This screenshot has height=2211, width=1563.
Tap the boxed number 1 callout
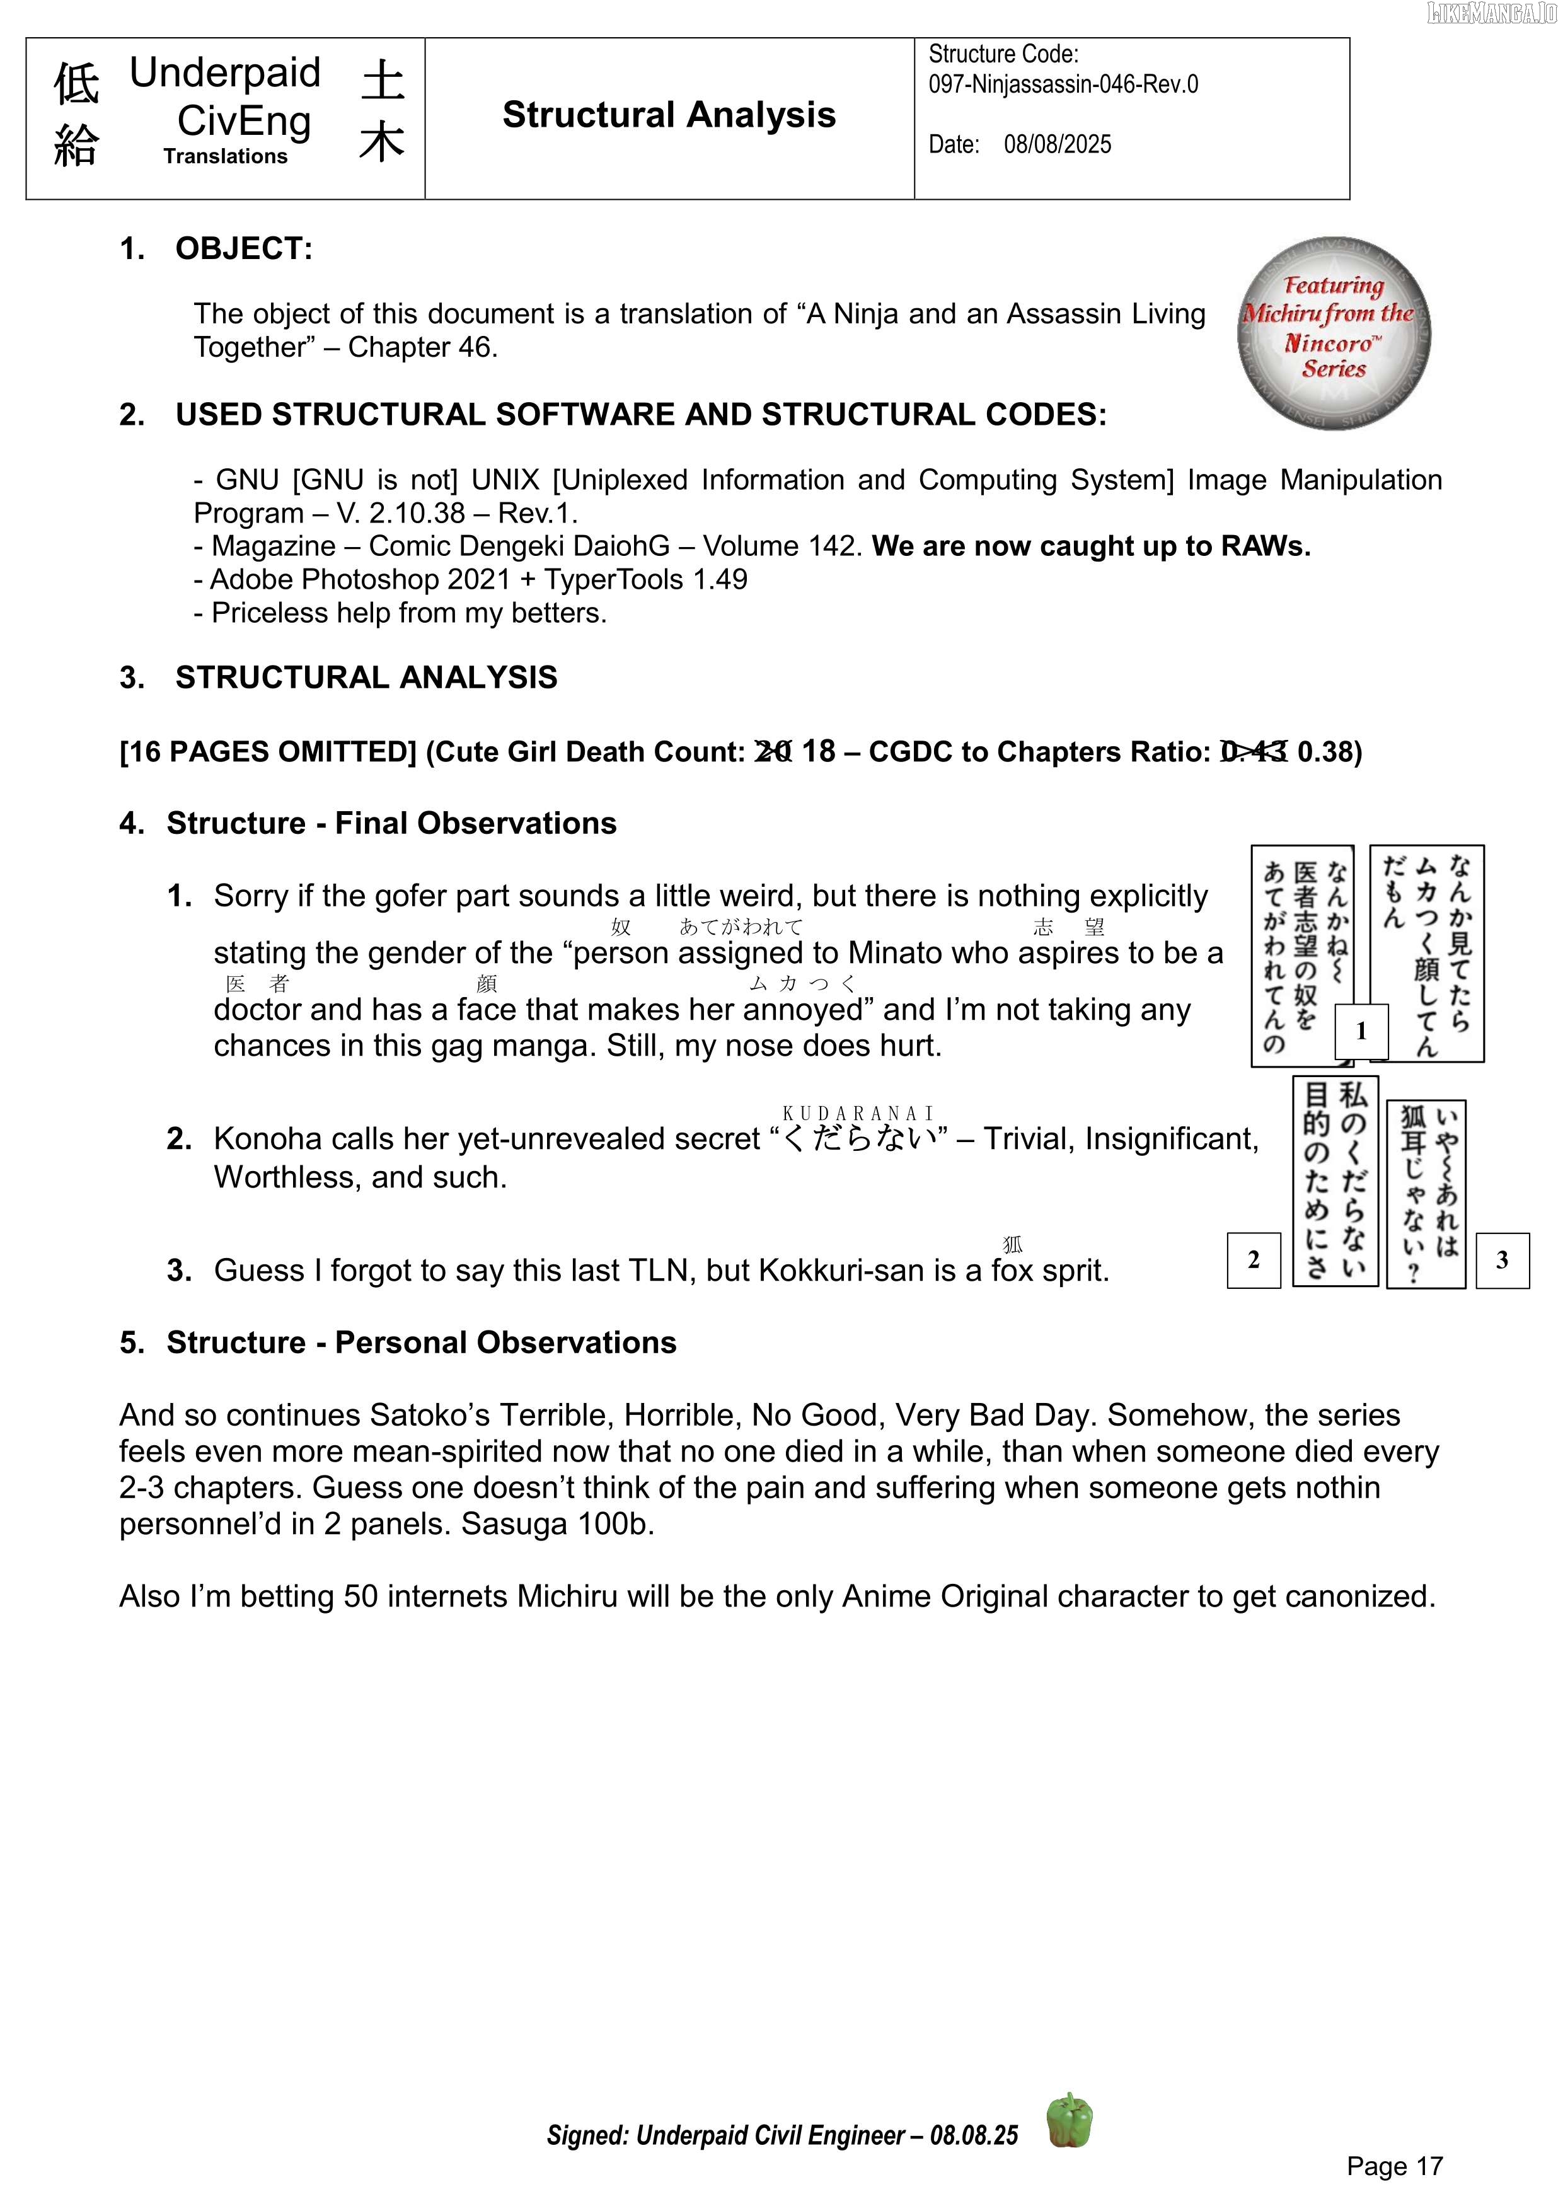(x=1361, y=1031)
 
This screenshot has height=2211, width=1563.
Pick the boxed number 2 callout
(x=1253, y=1259)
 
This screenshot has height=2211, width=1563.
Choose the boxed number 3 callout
(x=1501, y=1259)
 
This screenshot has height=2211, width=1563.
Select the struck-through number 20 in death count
(x=773, y=751)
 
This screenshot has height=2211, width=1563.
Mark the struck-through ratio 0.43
(x=1253, y=751)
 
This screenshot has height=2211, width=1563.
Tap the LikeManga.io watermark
(x=1492, y=13)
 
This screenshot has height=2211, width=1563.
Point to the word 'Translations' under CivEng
(x=226, y=157)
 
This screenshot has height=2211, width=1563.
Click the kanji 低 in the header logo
(x=76, y=84)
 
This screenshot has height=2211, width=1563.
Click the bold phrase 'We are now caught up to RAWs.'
(x=1091, y=546)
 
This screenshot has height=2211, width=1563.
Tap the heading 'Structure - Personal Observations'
(x=421, y=1342)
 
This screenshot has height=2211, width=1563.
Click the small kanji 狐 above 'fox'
(x=1012, y=1245)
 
